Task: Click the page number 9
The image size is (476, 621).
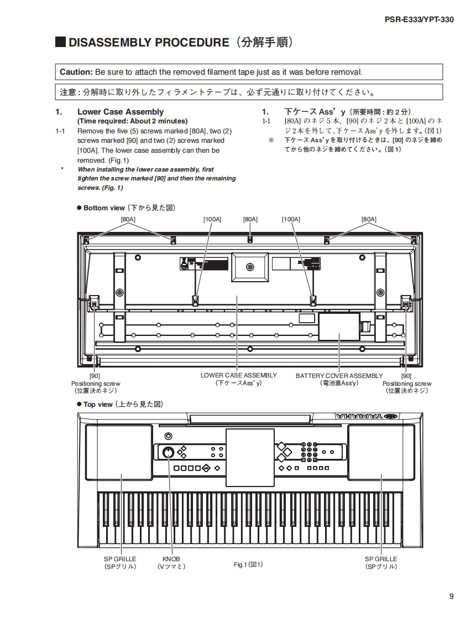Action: (x=451, y=596)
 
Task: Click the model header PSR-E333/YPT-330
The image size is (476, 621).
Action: (x=419, y=19)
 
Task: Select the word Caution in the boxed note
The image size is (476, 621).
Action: (x=76, y=72)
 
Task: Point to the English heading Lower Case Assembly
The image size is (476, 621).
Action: (x=121, y=112)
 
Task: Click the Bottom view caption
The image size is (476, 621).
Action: (x=104, y=208)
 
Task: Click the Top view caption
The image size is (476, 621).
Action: (x=98, y=405)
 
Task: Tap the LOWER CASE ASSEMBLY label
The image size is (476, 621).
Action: (x=238, y=375)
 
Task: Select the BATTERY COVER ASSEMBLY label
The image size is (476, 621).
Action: (x=339, y=376)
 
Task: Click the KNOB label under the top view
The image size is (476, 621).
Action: (x=171, y=559)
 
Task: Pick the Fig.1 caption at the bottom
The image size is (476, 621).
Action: (x=248, y=565)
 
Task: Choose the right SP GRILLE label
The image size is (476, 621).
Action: (x=381, y=559)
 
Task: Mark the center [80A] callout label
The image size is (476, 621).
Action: (x=250, y=219)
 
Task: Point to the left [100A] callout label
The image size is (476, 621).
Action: (x=212, y=219)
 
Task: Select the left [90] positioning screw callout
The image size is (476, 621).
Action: (x=95, y=376)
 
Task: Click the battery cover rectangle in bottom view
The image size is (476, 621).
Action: (x=339, y=327)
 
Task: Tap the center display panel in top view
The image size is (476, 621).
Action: (x=250, y=457)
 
